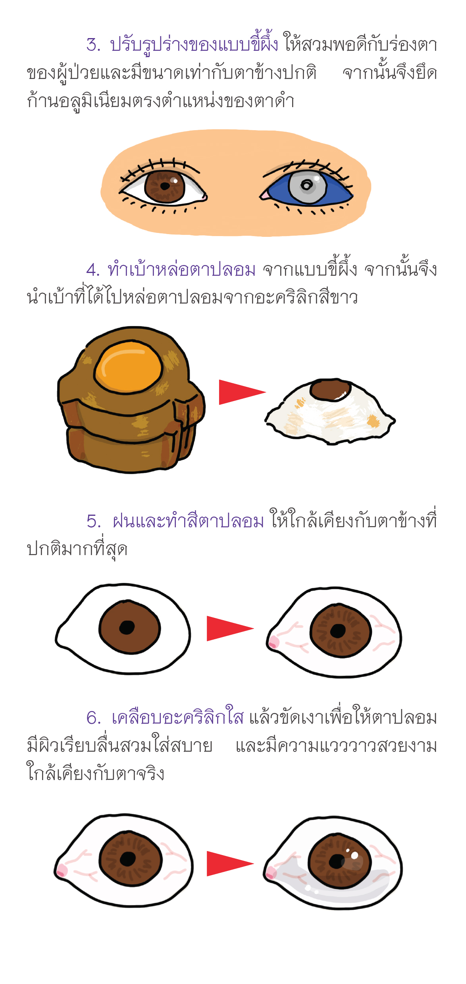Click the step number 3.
93,45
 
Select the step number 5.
93,521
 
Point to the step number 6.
93,718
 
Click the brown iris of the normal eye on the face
164,186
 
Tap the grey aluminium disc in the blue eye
307,185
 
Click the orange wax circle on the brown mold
129,366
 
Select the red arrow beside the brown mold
241,392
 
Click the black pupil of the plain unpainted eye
127,627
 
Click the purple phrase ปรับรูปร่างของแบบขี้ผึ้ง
194,45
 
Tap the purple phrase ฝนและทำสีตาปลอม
188,521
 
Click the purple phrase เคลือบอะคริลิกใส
177,718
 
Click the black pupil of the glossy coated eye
337,862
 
